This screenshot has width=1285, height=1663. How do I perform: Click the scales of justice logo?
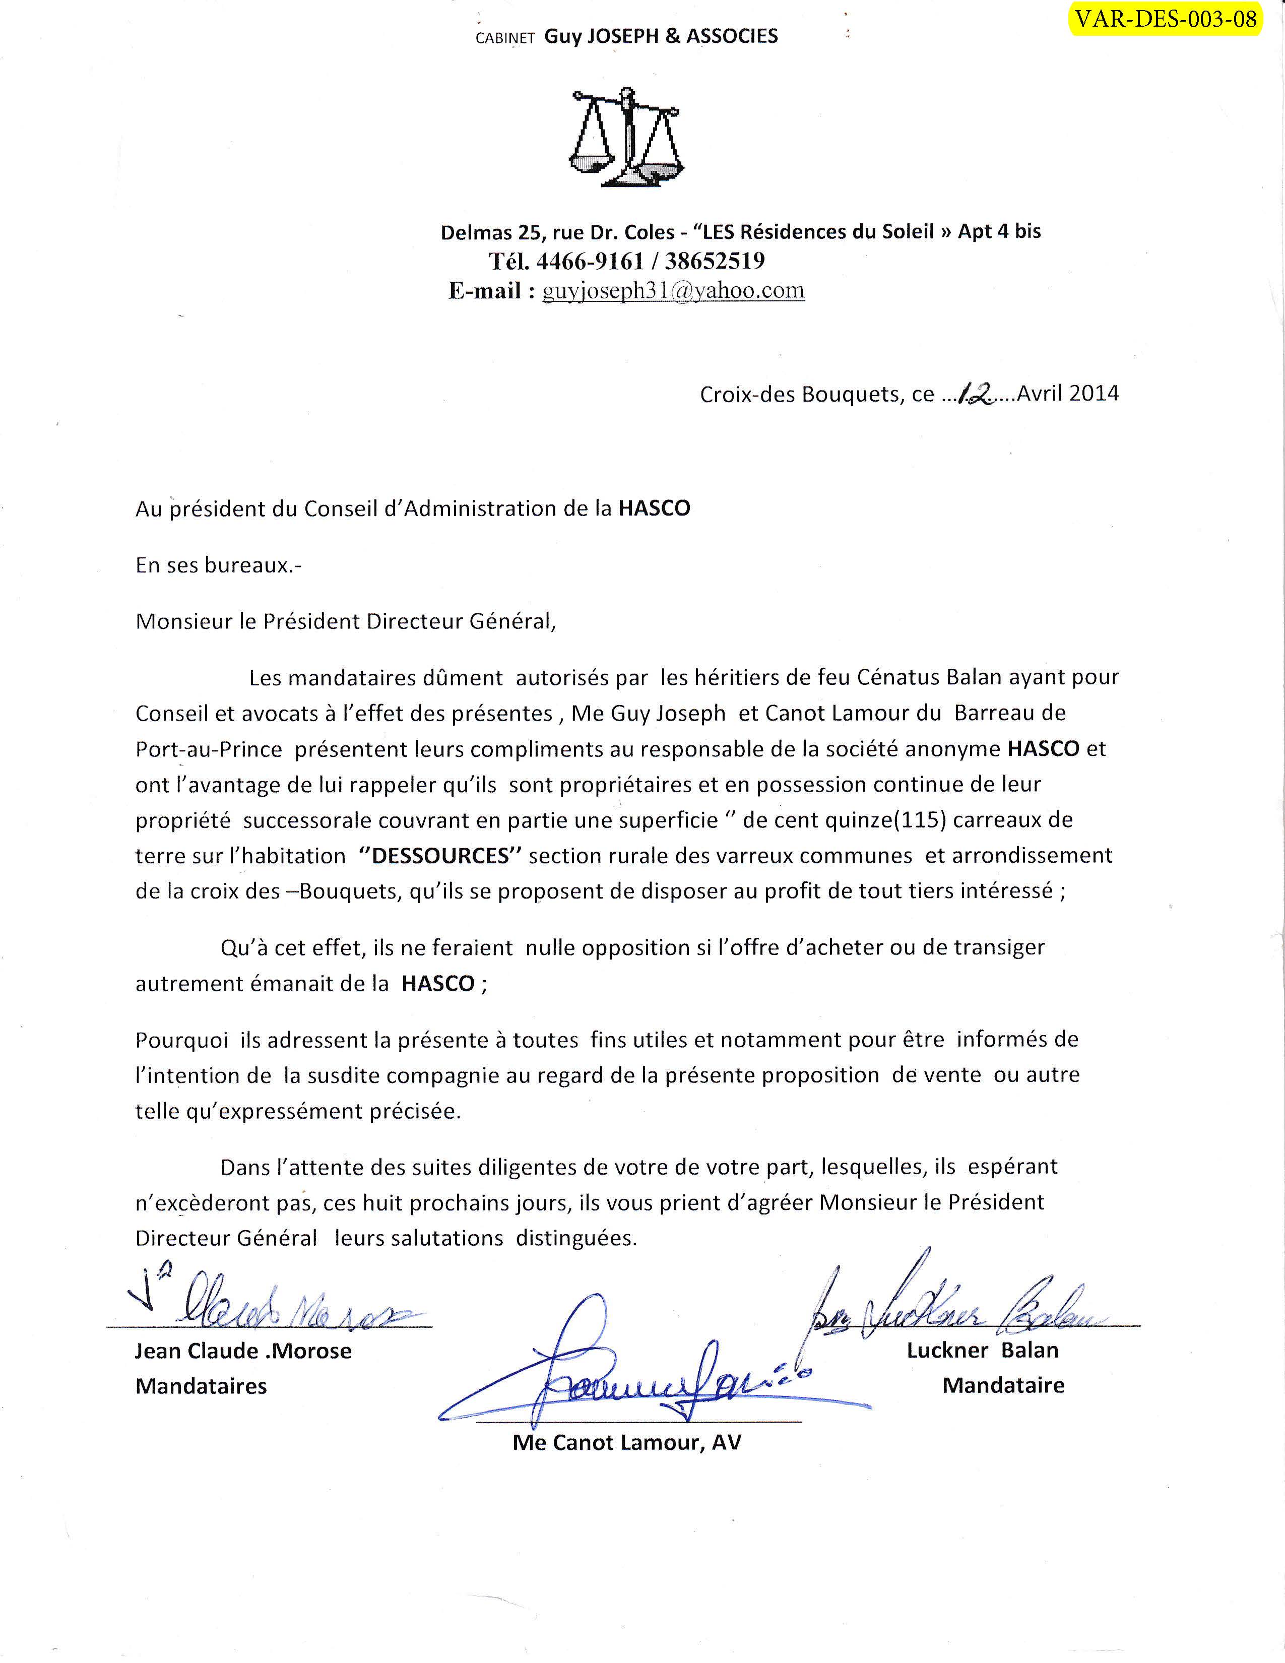click(x=626, y=138)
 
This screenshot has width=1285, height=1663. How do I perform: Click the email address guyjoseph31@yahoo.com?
click(x=673, y=290)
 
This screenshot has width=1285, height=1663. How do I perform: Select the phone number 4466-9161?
click(x=590, y=261)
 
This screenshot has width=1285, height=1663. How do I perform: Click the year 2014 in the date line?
click(x=1094, y=393)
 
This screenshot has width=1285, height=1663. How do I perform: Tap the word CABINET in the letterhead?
click(x=505, y=38)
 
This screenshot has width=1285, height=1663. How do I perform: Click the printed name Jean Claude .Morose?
click(x=243, y=1351)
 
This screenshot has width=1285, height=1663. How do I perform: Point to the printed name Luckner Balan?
click(x=982, y=1350)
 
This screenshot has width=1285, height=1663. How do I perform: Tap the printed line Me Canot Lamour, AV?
click(x=626, y=1443)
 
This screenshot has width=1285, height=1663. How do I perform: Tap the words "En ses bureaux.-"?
click(x=219, y=565)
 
